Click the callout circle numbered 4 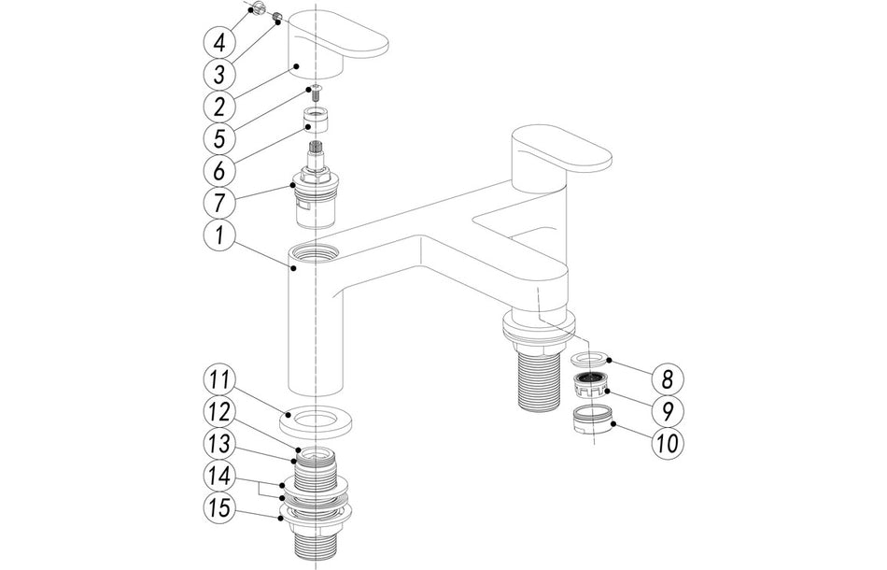(219, 42)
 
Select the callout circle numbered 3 (219, 75)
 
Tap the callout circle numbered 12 (219, 411)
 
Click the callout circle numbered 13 (219, 443)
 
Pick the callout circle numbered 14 (219, 476)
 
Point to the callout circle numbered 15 (219, 508)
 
